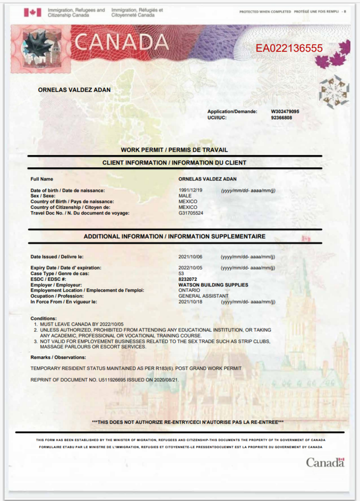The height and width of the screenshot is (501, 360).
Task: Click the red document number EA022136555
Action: (289, 49)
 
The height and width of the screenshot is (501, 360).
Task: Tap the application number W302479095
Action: (285, 112)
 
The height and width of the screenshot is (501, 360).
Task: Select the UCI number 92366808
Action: (281, 118)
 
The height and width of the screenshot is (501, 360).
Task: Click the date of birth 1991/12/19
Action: (190, 190)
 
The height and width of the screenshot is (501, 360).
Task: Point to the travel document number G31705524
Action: (191, 213)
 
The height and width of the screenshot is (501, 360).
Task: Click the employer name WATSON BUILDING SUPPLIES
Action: (213, 285)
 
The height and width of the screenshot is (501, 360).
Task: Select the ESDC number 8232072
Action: (187, 279)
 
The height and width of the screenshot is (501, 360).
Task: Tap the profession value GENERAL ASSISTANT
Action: (203, 296)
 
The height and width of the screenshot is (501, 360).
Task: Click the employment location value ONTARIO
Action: (189, 290)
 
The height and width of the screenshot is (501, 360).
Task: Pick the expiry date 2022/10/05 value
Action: (190, 268)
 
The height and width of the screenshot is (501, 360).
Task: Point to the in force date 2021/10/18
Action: (190, 302)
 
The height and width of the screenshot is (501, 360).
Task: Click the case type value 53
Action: (181, 274)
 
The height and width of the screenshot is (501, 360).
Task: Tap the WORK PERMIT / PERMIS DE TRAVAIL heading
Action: (174, 150)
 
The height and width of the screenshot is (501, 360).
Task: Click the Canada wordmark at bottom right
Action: (325, 463)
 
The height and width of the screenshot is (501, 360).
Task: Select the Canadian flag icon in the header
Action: (32, 12)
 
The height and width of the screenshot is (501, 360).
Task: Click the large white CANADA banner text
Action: (122, 42)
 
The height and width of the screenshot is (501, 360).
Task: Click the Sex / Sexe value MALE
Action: (185, 196)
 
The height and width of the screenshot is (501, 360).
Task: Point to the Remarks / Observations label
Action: (58, 357)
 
